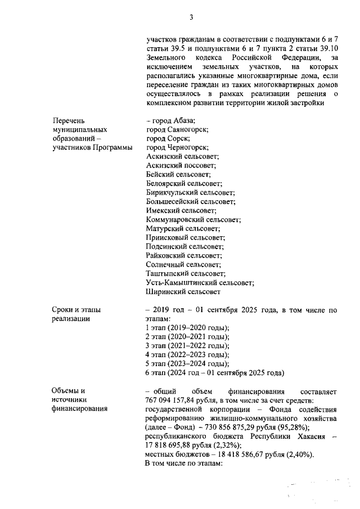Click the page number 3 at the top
(191, 17)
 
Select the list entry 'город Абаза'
(172, 121)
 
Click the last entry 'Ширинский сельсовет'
(182, 291)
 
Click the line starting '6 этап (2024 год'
(215, 372)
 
